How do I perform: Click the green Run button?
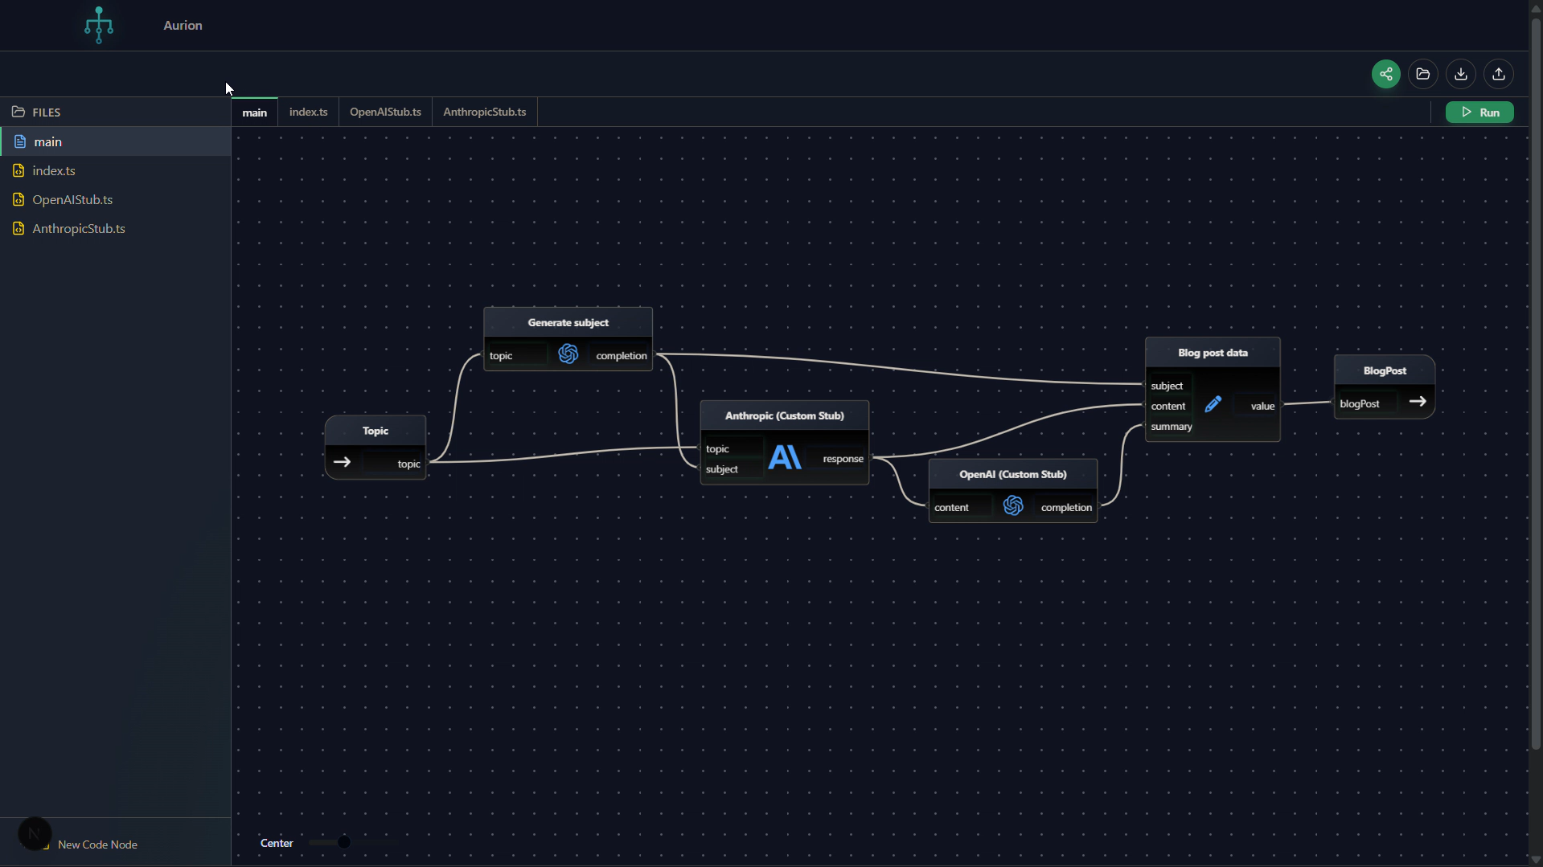tap(1479, 112)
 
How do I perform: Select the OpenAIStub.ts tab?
tap(385, 112)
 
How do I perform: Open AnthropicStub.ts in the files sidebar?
tap(78, 229)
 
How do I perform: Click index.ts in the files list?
tap(53, 171)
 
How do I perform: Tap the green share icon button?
tap(1385, 74)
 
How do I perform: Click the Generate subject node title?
tap(568, 323)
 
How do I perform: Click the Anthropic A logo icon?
tap(784, 458)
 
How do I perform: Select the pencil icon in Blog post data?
tap(1213, 405)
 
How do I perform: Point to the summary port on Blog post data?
tap(1171, 427)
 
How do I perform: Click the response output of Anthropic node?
tap(843, 459)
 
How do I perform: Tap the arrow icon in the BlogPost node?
tap(1417, 402)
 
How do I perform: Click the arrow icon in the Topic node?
tap(342, 462)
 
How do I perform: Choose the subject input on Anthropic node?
tap(721, 469)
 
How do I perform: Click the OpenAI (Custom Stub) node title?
tap(1012, 475)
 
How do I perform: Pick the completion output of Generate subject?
tap(621, 356)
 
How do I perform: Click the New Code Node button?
tap(97, 845)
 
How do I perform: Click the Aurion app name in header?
tap(183, 26)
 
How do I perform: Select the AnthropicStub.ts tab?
tap(484, 112)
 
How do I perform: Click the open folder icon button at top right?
tap(1422, 74)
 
